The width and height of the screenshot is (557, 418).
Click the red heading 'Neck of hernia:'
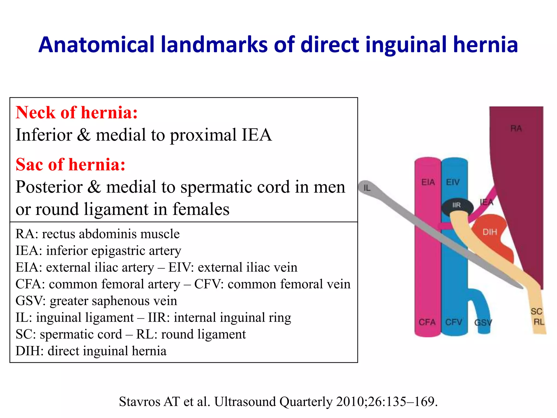click(77, 112)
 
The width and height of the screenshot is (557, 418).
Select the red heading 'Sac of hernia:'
click(70, 164)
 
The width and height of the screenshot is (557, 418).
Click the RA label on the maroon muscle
click(516, 128)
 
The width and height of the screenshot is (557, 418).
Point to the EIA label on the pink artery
click(428, 182)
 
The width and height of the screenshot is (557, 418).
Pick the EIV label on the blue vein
click(453, 182)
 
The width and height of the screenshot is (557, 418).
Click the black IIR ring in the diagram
click(457, 205)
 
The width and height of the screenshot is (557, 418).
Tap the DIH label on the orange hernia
click(490, 232)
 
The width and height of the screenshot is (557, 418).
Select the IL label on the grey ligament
click(367, 188)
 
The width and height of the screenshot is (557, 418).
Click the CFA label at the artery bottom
click(427, 322)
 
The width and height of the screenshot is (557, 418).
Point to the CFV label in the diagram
click(453, 322)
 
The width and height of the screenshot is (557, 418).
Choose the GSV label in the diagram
click(483, 323)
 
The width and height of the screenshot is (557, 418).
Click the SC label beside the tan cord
click(536, 311)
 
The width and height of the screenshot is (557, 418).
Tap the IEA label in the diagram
click(487, 202)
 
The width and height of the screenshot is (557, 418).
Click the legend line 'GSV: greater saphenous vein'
click(96, 301)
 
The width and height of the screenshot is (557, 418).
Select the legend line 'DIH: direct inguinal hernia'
click(91, 351)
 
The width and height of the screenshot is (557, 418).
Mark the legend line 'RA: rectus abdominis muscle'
click(97, 234)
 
